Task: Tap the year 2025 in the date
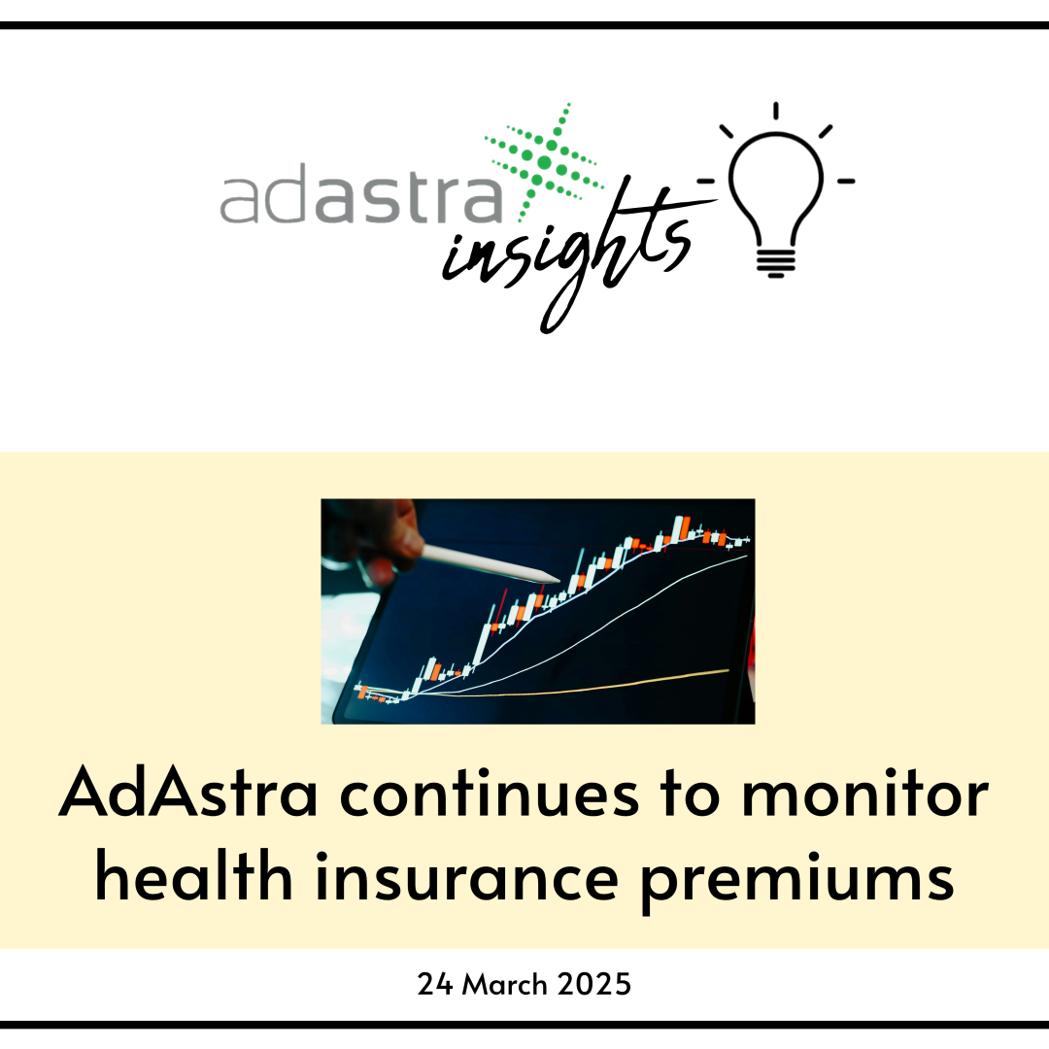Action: [x=594, y=984]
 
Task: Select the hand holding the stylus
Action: [x=374, y=534]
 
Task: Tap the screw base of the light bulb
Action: [x=775, y=262]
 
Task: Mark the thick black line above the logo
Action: [x=524, y=25]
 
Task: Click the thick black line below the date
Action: [x=524, y=1024]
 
